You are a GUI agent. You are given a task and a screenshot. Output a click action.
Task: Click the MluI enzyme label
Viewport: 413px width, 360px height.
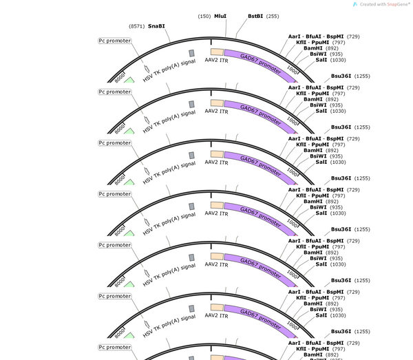tap(220, 16)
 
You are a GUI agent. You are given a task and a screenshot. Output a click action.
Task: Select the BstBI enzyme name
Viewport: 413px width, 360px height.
tap(255, 16)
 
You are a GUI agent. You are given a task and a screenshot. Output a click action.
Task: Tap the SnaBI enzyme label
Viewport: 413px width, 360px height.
tap(156, 26)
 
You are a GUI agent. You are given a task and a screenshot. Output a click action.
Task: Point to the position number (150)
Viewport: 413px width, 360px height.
tap(204, 17)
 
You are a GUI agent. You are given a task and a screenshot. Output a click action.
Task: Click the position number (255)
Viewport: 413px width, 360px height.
tap(273, 17)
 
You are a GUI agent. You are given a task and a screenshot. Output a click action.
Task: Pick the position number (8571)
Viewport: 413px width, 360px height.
tap(137, 26)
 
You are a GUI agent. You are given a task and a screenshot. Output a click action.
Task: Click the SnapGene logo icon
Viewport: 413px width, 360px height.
tap(355, 4)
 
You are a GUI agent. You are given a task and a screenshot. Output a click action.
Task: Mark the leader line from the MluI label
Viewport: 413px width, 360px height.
tap(226, 28)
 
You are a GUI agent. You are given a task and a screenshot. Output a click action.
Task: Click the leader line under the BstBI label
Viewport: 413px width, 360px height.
tap(242, 28)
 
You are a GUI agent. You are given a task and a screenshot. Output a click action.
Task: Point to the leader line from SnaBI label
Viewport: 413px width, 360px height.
tap(167, 35)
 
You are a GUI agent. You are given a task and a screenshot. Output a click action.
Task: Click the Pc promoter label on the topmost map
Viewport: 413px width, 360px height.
tap(114, 41)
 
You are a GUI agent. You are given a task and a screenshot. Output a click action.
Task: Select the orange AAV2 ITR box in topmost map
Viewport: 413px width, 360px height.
tap(217, 52)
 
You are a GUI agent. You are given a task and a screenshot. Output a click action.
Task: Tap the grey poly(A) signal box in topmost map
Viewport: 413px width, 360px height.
tap(192, 53)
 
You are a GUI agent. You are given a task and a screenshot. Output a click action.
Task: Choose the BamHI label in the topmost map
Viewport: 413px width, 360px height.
tap(313, 48)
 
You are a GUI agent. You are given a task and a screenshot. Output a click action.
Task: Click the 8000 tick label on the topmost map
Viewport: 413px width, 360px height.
tap(120, 78)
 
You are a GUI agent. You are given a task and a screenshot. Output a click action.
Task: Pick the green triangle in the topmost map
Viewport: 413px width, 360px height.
tap(129, 80)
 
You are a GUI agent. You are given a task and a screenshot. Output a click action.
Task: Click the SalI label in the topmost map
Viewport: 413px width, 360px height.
tap(321, 60)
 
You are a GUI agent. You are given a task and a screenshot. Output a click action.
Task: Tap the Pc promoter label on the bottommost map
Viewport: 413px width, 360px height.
tap(114, 348)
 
